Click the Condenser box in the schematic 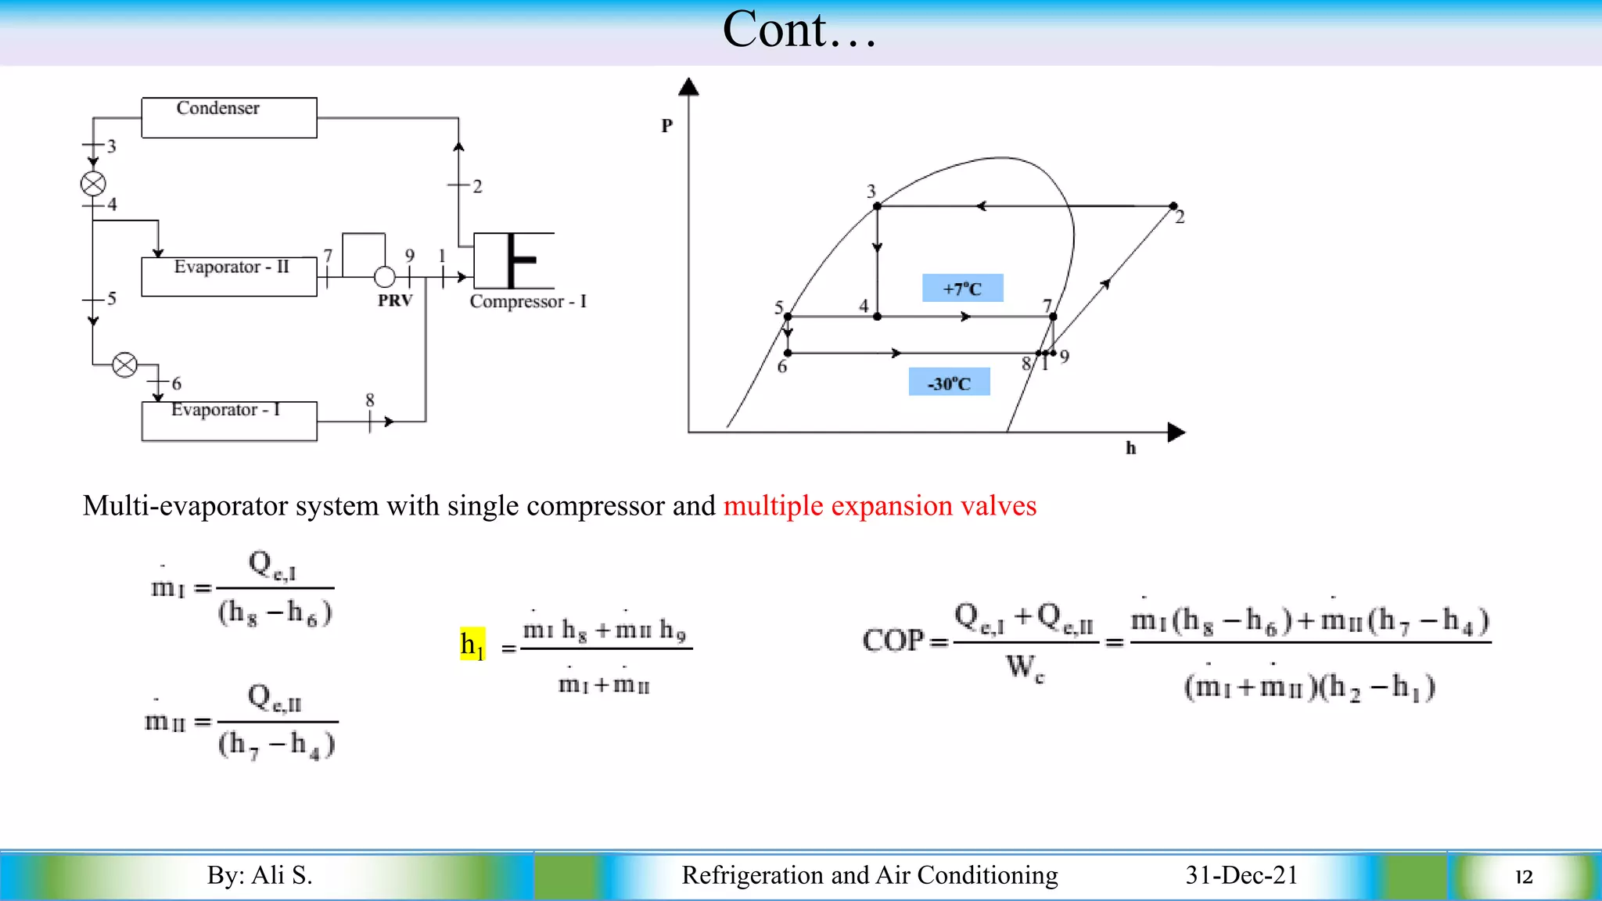pos(228,117)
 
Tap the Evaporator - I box pos(228,421)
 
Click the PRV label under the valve pos(395,301)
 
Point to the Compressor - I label pos(528,302)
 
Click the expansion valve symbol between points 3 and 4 pos(93,185)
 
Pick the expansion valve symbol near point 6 pos(125,364)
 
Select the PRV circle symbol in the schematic pos(385,277)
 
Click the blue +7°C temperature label pos(962,289)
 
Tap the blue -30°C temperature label pos(949,383)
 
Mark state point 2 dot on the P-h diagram pos(1173,206)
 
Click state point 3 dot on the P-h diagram pos(878,206)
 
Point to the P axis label pos(666,126)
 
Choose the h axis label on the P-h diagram pos(1130,448)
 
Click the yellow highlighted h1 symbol pos(472,644)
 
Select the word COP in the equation pos(893,641)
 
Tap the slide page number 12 pos(1524,877)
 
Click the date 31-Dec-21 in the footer pos(1241,875)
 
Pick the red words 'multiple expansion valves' pos(880,506)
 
